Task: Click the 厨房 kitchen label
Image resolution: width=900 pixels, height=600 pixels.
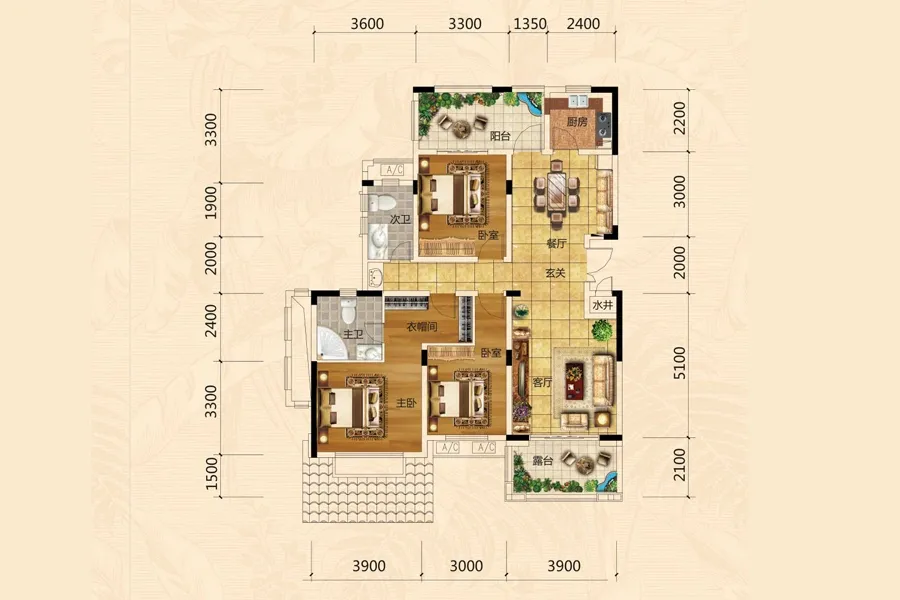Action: pos(577,122)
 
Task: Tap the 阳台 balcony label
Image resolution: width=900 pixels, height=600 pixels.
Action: pos(500,136)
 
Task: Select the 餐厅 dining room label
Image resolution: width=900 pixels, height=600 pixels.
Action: pos(556,243)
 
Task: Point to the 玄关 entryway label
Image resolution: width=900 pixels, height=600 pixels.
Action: pos(555,273)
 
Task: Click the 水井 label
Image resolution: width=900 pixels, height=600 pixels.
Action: pos(602,305)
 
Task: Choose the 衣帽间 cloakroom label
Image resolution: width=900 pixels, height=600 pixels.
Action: pos(422,327)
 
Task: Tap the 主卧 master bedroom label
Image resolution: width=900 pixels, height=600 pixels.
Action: pos(406,403)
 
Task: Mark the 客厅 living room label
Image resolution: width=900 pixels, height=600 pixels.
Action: pos(542,382)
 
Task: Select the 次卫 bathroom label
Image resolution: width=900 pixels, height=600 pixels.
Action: pos(400,219)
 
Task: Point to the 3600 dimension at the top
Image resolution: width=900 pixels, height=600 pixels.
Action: pos(367,24)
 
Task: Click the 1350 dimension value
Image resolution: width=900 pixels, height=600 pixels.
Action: pos(530,24)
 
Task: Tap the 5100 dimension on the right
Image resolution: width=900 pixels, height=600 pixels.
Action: pos(679,362)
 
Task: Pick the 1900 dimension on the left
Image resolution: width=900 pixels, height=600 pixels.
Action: pos(211,202)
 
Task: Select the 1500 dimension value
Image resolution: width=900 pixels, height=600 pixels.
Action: pos(212,474)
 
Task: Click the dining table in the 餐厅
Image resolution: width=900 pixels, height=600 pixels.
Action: pos(556,192)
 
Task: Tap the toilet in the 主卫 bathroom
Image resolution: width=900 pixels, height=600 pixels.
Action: pos(348,311)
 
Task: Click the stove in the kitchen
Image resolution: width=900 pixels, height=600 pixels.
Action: pos(603,127)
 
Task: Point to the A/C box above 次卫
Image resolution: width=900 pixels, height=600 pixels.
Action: pos(394,170)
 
